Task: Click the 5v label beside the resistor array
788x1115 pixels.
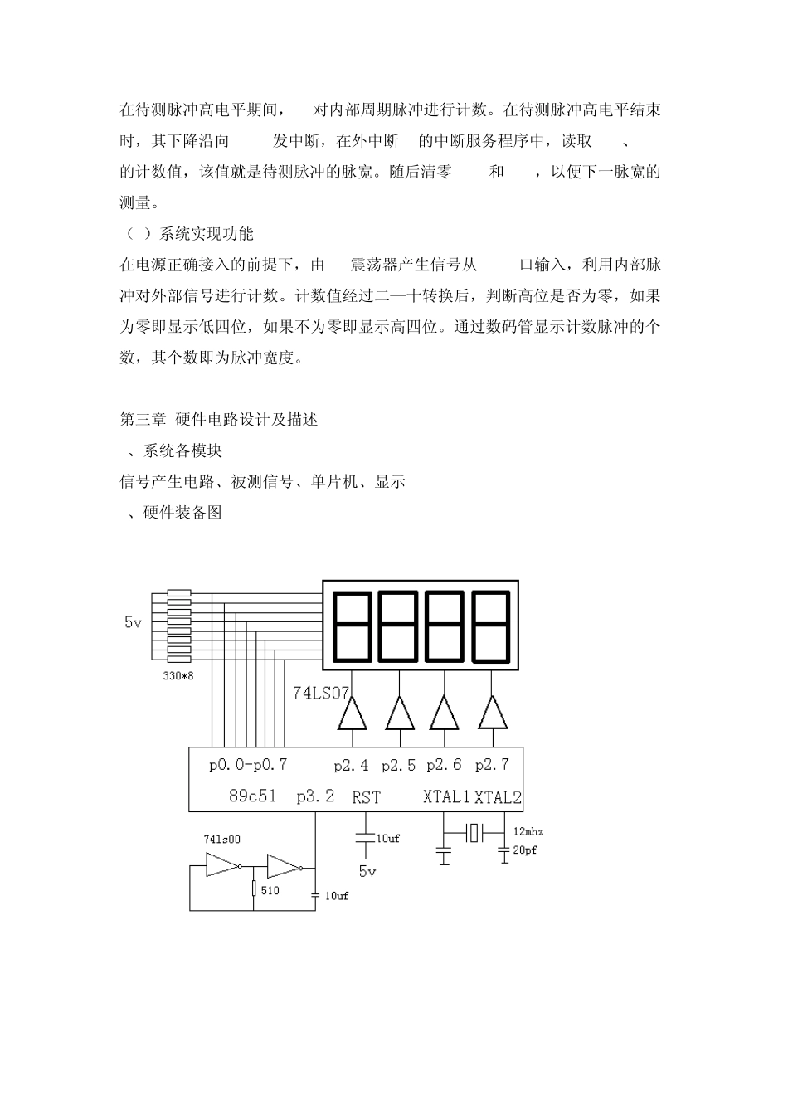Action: pos(133,621)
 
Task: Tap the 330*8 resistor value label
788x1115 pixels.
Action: pos(178,676)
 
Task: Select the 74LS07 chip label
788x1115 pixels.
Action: pos(321,692)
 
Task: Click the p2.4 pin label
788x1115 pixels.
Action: pos(352,765)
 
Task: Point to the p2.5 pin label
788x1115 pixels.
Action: pos(399,765)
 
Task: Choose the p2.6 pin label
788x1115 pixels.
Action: pos(444,765)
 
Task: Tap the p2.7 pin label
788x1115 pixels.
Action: pos(492,765)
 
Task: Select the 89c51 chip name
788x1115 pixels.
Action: pos(252,796)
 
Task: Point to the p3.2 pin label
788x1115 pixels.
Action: pos(316,796)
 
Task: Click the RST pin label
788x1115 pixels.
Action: pos(366,797)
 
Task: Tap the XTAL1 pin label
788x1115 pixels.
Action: pos(446,797)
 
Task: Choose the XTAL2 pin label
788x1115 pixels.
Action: pos(498,797)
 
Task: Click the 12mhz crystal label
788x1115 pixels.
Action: pos(528,831)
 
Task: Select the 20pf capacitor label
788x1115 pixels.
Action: pos(525,850)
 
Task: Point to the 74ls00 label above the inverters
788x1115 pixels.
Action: pos(221,839)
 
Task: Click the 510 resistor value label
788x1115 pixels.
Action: pos(270,890)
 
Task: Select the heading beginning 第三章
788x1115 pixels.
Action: pos(219,420)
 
